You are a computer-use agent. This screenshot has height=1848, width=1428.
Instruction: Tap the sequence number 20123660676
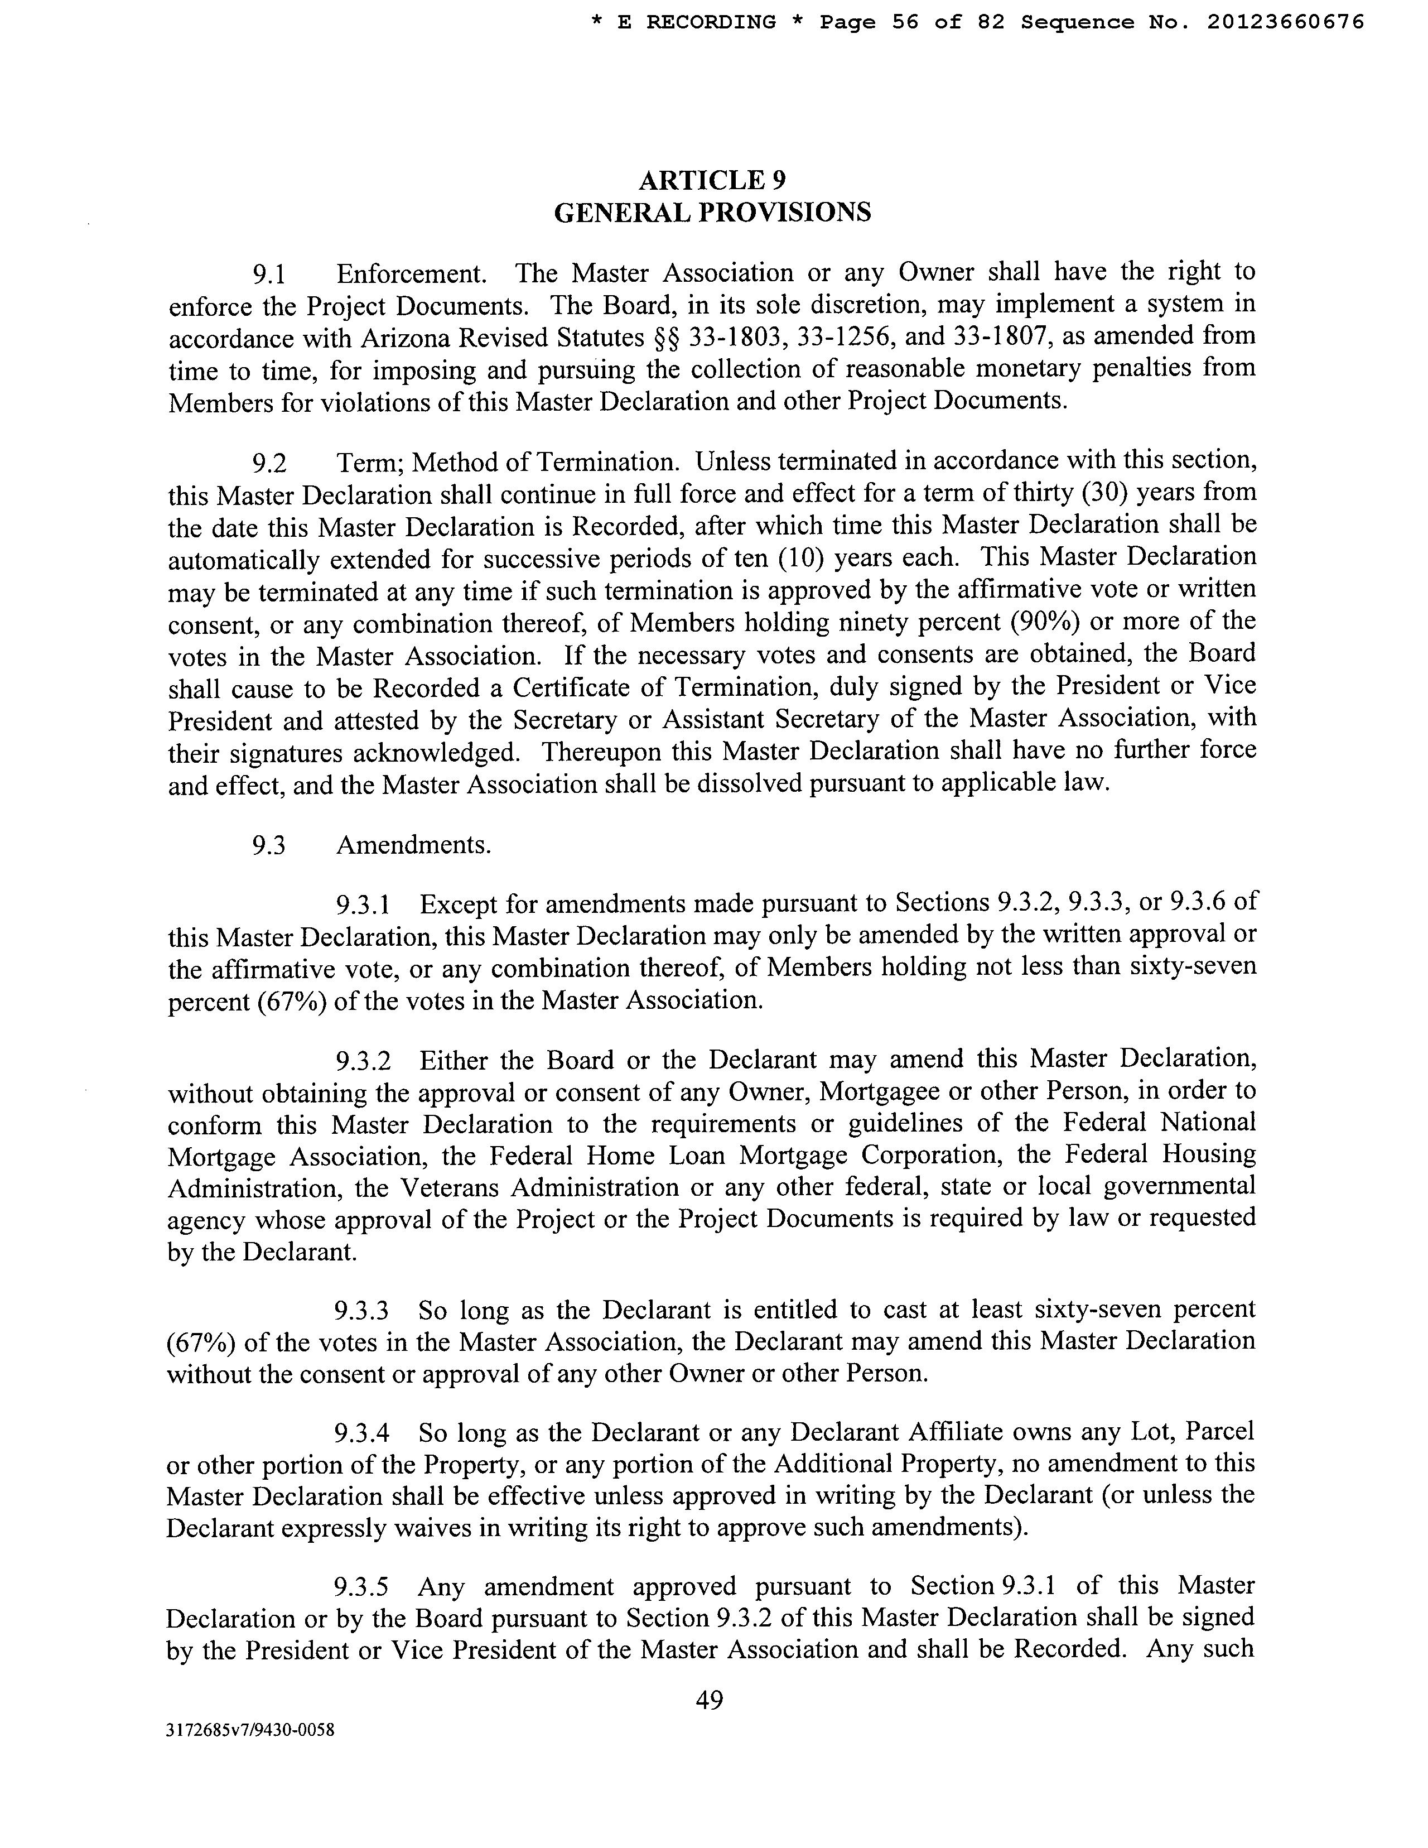[x=1285, y=23]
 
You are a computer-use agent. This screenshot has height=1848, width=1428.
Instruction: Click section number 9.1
[x=270, y=274]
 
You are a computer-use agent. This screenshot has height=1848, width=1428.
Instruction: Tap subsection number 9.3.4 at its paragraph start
[x=361, y=1434]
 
